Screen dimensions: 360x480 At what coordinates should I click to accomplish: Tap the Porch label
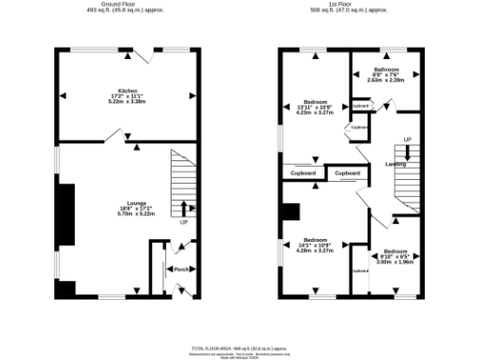182,269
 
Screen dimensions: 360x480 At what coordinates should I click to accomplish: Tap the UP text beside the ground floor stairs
184,223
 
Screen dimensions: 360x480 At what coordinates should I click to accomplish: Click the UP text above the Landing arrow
406,141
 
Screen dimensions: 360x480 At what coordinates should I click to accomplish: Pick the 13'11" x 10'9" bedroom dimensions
316,106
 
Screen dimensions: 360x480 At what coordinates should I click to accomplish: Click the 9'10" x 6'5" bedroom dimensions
395,257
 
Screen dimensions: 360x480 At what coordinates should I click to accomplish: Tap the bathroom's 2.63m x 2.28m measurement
385,81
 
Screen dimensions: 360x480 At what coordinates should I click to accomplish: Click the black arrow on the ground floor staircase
183,209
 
